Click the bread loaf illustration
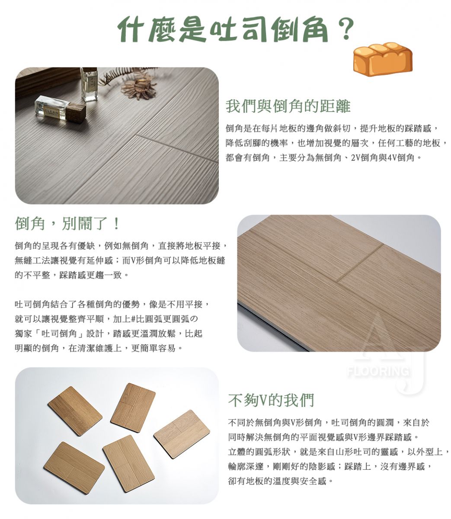(x=382, y=59)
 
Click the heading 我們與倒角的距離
(x=288, y=106)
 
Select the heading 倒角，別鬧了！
(x=67, y=224)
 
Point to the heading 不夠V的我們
(x=271, y=400)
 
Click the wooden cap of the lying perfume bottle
(x=76, y=113)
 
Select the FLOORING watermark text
(x=378, y=372)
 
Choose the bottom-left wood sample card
(x=74, y=469)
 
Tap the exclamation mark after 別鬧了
(x=116, y=224)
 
